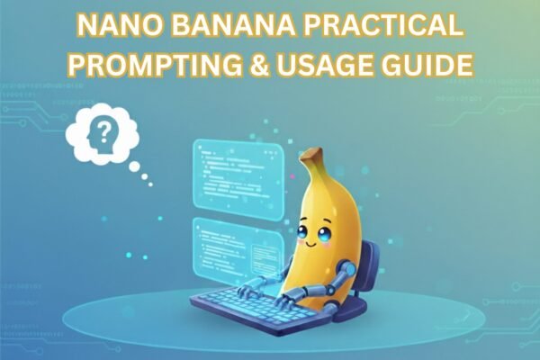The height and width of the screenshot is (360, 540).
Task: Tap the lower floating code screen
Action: click(230, 248)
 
